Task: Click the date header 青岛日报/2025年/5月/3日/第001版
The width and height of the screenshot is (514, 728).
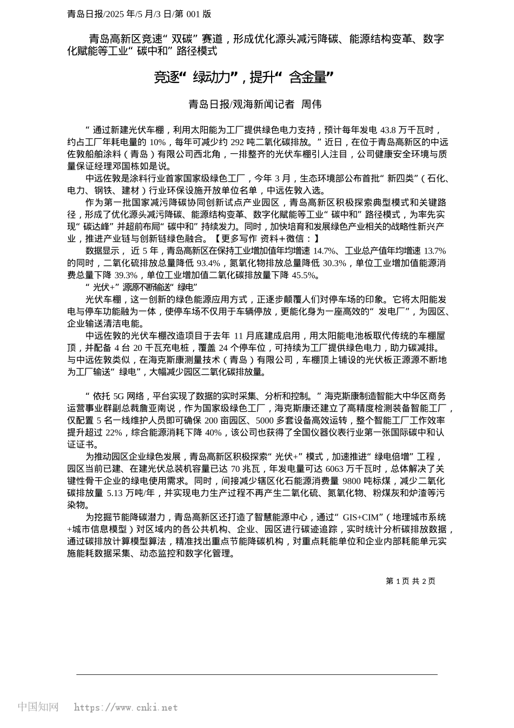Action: point(139,14)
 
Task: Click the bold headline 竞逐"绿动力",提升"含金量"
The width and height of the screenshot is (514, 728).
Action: point(243,77)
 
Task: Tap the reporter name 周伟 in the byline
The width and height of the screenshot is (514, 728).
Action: point(311,105)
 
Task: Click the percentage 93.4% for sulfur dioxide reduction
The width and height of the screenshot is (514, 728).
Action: point(208,263)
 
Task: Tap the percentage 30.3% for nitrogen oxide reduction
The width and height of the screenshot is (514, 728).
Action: point(334,263)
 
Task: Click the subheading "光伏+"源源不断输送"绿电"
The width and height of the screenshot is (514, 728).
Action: point(141,287)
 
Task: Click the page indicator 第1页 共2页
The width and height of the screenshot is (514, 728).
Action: point(411,581)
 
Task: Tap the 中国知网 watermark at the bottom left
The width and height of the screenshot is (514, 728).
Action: point(38,707)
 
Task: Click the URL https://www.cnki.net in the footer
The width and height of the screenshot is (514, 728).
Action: point(126,707)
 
